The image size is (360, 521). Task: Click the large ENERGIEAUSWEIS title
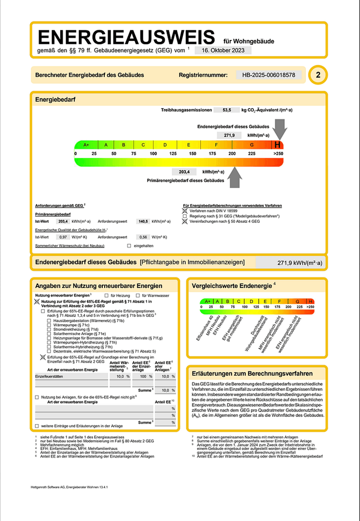tap(126, 37)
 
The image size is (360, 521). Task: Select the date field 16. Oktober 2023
tap(223, 50)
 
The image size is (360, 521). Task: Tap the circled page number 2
tap(318, 75)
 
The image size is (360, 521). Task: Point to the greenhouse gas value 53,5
tap(227, 110)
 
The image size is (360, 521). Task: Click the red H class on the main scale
tap(277, 145)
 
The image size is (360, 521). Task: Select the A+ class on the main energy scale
tap(86, 145)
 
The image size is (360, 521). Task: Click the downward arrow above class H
tap(279, 130)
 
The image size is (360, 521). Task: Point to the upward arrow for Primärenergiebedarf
tap(235, 177)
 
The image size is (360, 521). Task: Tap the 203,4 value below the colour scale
tap(184, 172)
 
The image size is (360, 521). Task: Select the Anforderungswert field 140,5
tap(143, 221)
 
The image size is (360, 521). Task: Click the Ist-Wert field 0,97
tap(62, 237)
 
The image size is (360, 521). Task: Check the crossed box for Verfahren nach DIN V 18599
tap(184, 211)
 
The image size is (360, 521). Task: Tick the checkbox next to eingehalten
tap(129, 246)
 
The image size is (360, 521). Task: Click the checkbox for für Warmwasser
tap(138, 295)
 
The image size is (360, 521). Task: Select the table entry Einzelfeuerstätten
tap(49, 376)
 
